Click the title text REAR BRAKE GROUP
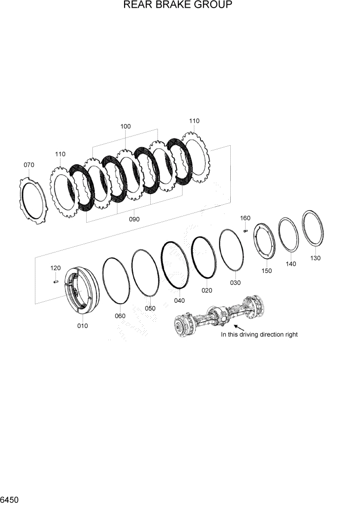click(178, 6)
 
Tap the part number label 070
click(29, 165)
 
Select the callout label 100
click(125, 126)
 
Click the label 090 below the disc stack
click(134, 219)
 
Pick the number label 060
click(120, 316)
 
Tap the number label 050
click(149, 308)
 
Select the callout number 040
click(179, 301)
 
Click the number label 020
click(207, 290)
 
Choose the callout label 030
click(235, 283)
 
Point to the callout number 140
click(291, 264)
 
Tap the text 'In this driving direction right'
click(259, 335)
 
